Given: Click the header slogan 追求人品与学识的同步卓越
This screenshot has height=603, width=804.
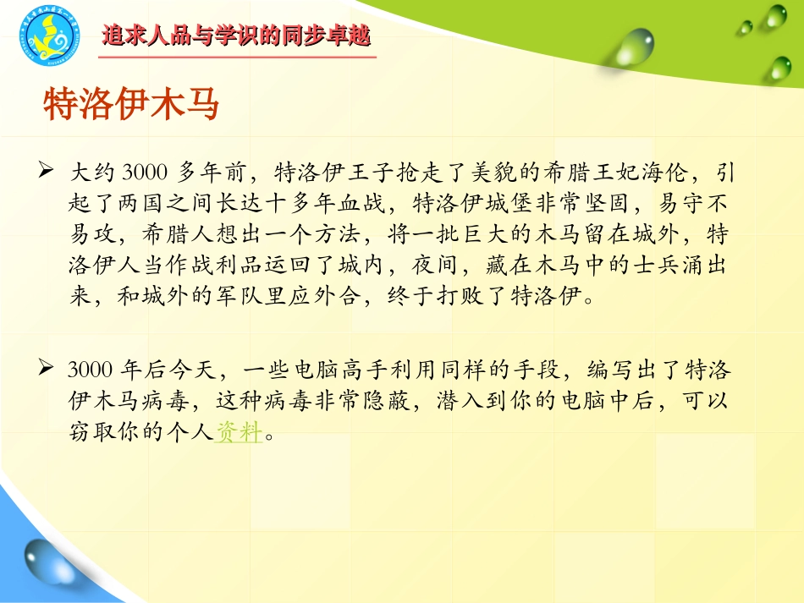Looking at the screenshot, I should (236, 36).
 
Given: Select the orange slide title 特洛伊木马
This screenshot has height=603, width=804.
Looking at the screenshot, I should (130, 106).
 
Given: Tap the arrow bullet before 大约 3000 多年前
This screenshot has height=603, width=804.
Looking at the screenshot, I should (47, 172).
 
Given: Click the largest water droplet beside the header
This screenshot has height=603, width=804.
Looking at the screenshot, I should (635, 47).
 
